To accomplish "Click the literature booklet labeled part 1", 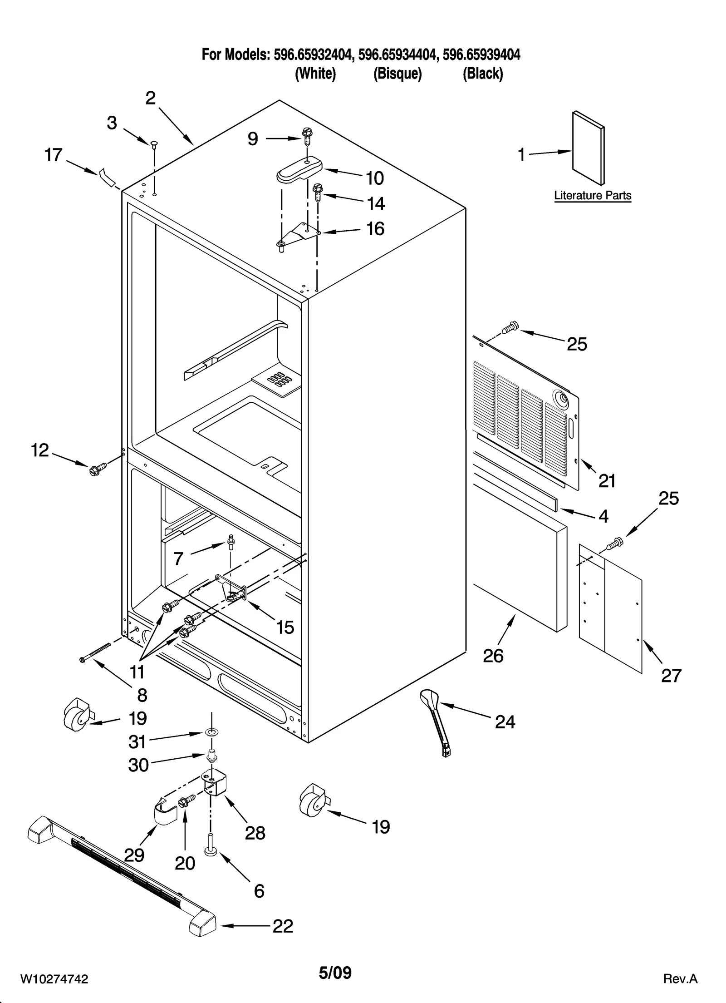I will click(x=588, y=148).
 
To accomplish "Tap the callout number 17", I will click(x=53, y=155).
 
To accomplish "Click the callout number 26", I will click(x=493, y=656).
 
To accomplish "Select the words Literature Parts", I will click(x=592, y=196).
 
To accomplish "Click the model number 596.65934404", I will click(x=398, y=55).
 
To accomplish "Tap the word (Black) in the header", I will click(x=482, y=74).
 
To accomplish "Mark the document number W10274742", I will click(x=54, y=978).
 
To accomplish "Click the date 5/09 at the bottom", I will click(x=335, y=973).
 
